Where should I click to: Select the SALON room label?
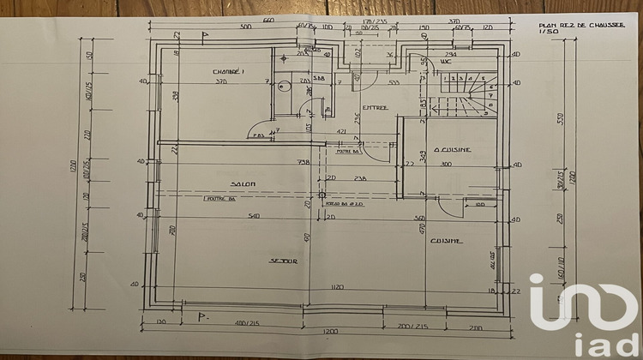pyautogui.click(x=243, y=183)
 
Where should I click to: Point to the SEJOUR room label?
pyautogui.click(x=283, y=261)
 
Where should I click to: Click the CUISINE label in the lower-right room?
pyautogui.click(x=447, y=241)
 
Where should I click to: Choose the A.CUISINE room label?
pyautogui.click(x=452, y=149)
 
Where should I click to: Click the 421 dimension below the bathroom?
pyautogui.click(x=340, y=132)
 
